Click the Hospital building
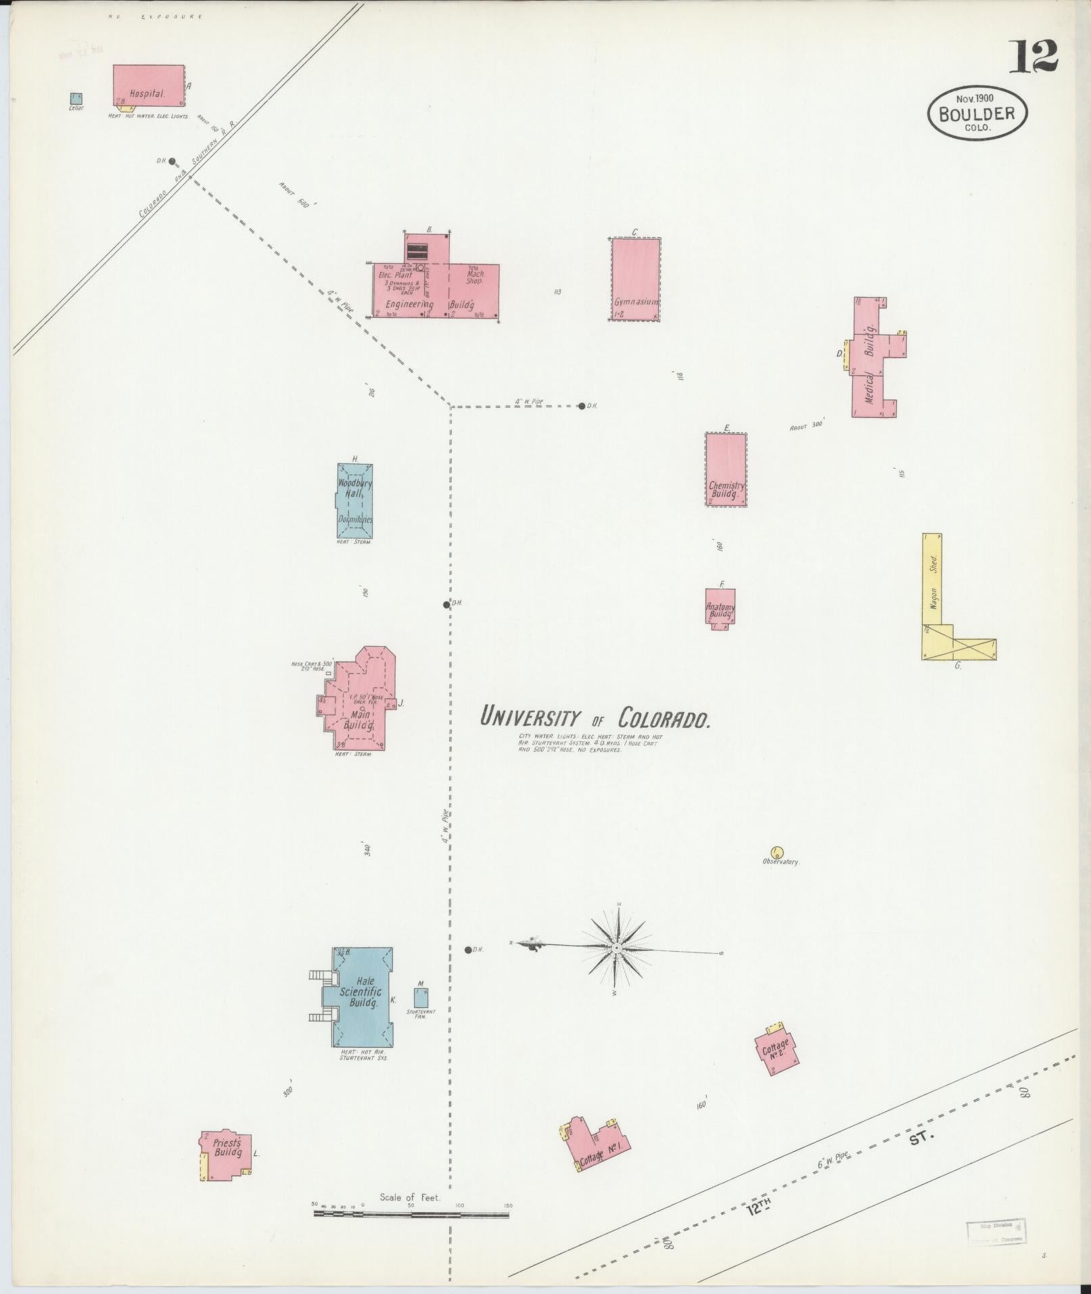tap(148, 85)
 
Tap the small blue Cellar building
tap(76, 99)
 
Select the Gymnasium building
tap(635, 279)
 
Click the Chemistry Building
tap(726, 469)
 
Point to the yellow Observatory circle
tap(776, 852)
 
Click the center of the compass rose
tap(617, 949)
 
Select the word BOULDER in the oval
tap(977, 113)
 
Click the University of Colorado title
tap(595, 717)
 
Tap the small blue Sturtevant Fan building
tap(421, 998)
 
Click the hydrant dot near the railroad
tap(172, 161)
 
